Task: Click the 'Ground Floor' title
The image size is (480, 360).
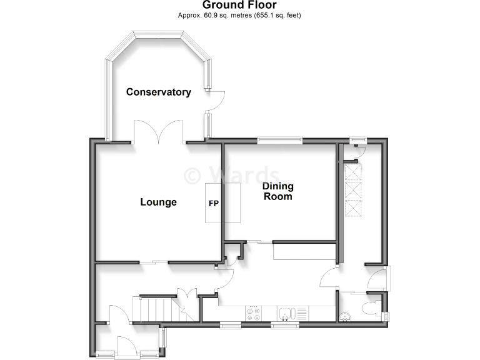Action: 239,5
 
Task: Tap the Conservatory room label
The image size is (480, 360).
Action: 158,92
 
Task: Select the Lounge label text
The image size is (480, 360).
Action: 158,202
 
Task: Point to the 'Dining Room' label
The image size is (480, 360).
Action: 277,191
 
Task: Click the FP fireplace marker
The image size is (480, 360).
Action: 214,203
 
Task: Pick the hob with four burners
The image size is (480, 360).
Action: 254,314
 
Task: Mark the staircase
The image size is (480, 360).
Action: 154,310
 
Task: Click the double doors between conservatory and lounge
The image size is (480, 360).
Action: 159,132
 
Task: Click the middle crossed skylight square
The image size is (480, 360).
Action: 353,189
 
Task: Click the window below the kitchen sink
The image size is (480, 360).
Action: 285,325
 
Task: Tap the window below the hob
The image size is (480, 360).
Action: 232,325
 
